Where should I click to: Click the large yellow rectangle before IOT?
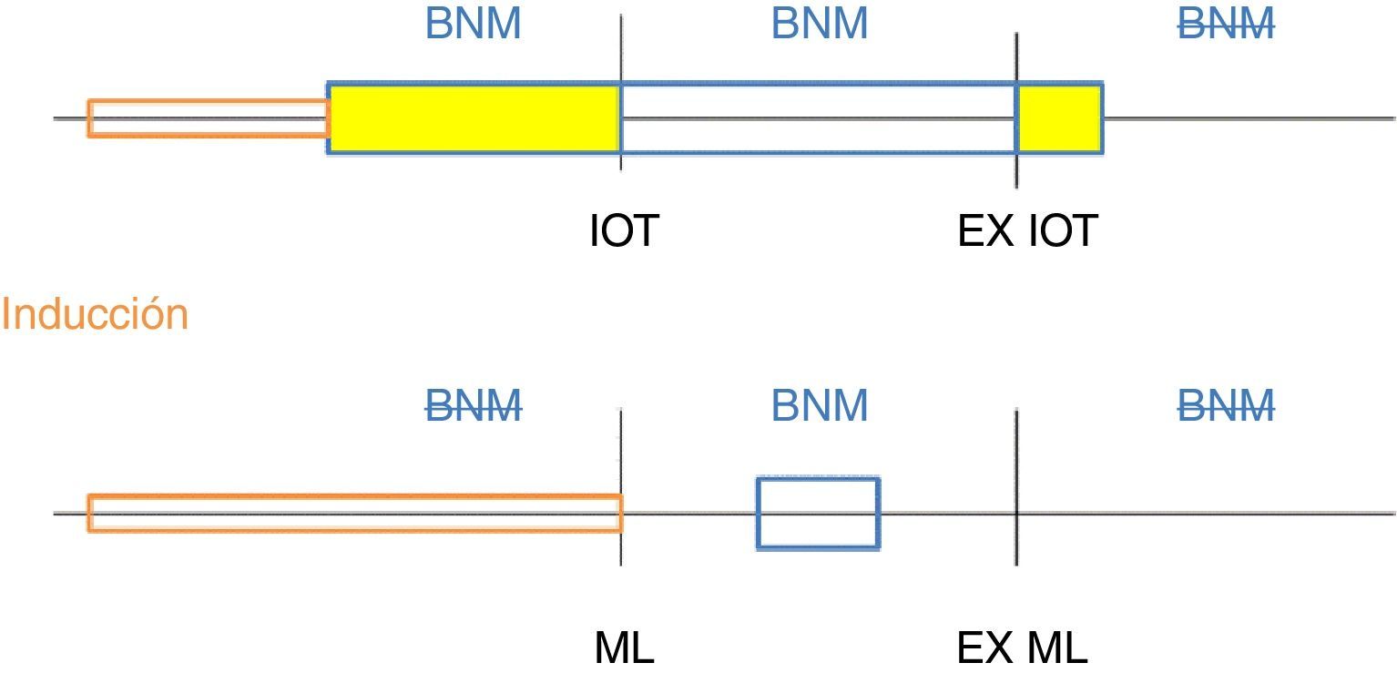(x=474, y=118)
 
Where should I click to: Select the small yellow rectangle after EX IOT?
(x=1059, y=118)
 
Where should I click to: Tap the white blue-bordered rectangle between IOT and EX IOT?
(x=818, y=118)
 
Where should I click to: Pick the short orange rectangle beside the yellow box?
(x=208, y=118)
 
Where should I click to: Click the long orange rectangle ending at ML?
(x=354, y=513)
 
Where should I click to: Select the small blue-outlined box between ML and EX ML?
(x=818, y=513)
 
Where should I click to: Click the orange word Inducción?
(x=95, y=314)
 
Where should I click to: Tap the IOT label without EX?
(x=623, y=231)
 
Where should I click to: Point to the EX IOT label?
(x=1026, y=231)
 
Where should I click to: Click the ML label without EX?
(x=624, y=648)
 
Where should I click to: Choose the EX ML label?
(x=1022, y=648)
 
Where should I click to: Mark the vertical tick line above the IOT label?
(x=621, y=46)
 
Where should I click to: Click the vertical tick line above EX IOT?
(x=1016, y=55)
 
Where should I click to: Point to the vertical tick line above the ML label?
(x=621, y=446)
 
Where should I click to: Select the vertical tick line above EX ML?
(x=1016, y=446)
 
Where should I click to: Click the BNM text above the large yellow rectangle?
(x=474, y=25)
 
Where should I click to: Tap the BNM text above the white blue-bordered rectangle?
(x=820, y=25)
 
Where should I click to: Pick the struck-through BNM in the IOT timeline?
(x=1226, y=25)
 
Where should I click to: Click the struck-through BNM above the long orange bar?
(x=474, y=405)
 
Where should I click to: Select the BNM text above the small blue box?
(x=820, y=405)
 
